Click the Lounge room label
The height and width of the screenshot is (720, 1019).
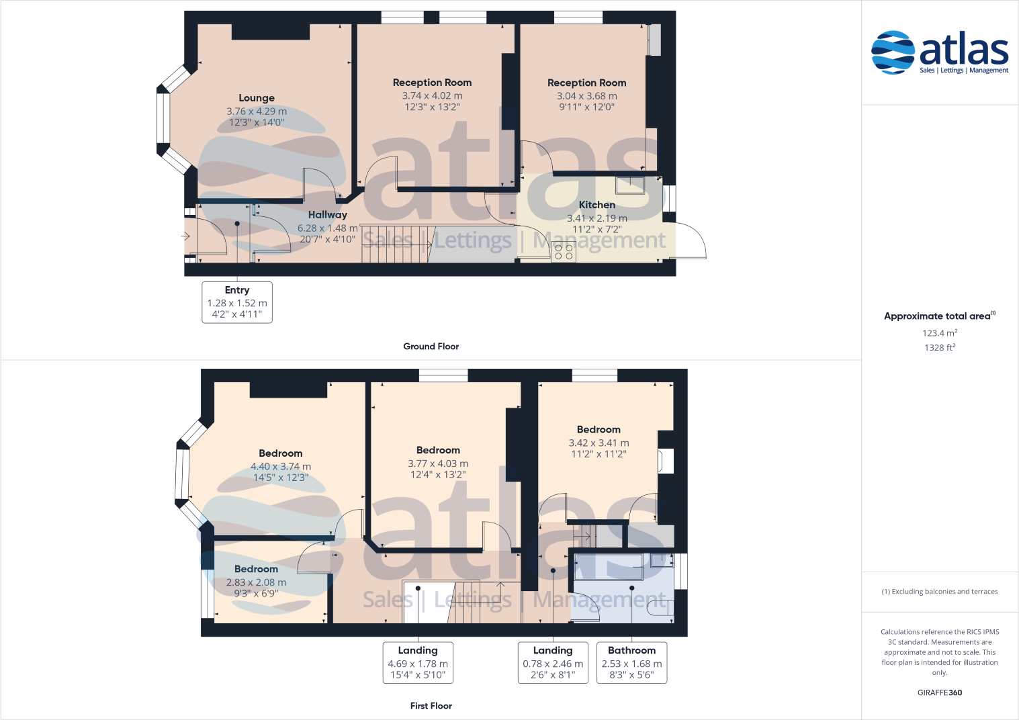tap(257, 98)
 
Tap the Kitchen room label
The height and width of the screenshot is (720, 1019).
tap(596, 205)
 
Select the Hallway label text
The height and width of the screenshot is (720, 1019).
tap(327, 215)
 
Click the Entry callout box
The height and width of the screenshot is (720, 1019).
tap(237, 302)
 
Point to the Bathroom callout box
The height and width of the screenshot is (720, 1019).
tap(631, 663)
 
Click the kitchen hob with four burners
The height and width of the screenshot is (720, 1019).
tap(564, 252)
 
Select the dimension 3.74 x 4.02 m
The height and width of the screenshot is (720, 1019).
tap(432, 96)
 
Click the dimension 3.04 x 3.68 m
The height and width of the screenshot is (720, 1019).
tap(586, 96)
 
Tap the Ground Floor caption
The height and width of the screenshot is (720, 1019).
tap(431, 347)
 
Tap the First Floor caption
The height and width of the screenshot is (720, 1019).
tap(431, 706)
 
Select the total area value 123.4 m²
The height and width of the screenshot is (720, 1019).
tap(939, 333)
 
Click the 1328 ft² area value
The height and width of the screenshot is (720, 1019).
tap(939, 348)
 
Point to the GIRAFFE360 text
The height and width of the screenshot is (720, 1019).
tap(939, 692)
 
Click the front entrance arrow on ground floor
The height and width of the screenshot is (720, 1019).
tap(185, 236)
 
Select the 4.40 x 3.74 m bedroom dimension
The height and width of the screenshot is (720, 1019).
tap(280, 467)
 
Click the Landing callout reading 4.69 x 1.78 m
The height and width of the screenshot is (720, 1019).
tap(418, 663)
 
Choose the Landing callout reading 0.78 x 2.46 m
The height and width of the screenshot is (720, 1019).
tap(553, 663)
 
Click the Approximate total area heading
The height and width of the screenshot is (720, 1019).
tap(938, 316)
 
